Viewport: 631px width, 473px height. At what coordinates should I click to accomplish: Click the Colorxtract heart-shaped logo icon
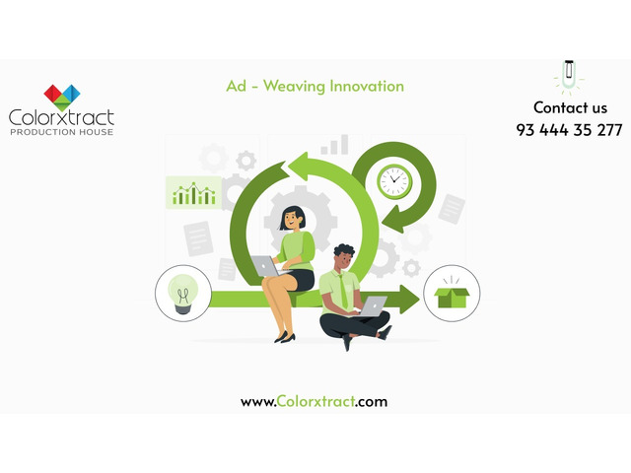61,97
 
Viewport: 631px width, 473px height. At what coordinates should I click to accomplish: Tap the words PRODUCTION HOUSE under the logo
61,132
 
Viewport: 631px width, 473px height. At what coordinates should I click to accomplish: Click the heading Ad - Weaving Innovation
315,87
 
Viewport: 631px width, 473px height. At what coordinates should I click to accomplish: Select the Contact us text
570,107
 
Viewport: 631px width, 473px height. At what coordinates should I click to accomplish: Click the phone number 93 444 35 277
569,130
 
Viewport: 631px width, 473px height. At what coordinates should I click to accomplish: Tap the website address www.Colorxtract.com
315,401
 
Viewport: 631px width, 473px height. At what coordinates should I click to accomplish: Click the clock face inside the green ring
393,180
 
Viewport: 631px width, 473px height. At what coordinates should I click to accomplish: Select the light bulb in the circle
183,293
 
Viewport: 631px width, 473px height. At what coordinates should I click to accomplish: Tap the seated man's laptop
372,306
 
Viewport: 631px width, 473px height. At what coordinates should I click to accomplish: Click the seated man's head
343,258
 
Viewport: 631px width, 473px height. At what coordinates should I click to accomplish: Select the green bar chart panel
193,192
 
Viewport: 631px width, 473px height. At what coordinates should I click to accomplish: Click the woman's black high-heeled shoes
285,337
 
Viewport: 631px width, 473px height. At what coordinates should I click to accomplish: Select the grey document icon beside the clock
451,208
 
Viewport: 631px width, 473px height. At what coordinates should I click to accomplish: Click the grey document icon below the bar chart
197,236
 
